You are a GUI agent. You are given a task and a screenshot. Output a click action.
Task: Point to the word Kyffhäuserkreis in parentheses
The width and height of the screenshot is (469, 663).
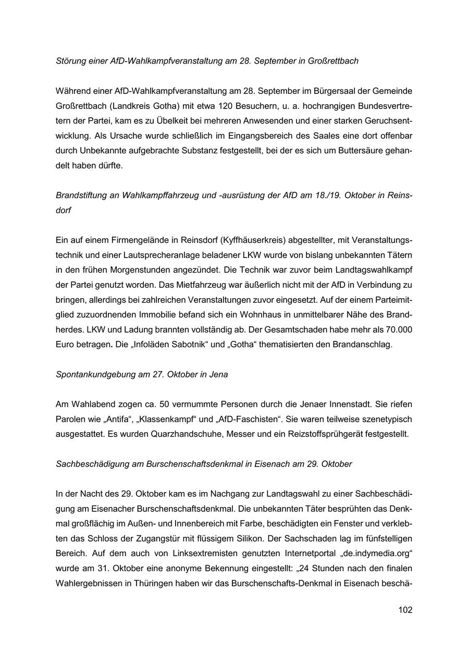point(251,240)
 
